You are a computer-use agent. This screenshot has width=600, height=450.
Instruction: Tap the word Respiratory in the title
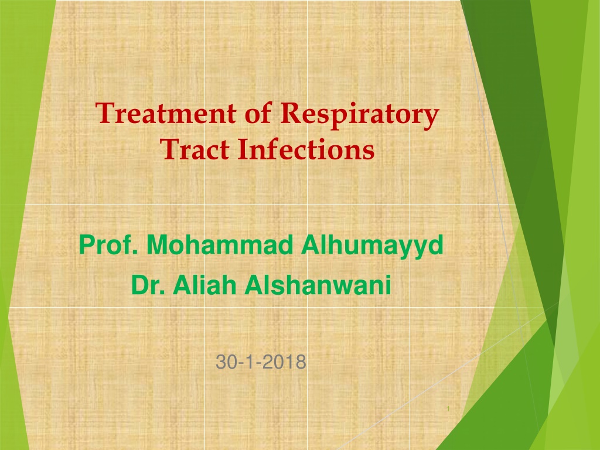(x=360, y=115)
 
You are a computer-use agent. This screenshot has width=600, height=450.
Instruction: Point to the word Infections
(x=306, y=149)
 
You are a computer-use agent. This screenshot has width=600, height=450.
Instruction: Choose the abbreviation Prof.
(x=108, y=245)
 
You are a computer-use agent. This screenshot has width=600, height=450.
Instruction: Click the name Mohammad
(x=220, y=245)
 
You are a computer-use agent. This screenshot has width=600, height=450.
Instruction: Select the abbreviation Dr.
(x=148, y=285)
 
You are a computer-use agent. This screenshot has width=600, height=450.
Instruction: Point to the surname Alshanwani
(x=318, y=285)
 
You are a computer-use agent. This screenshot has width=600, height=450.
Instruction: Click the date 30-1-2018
(x=261, y=362)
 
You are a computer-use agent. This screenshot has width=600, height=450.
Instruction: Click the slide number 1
(x=448, y=409)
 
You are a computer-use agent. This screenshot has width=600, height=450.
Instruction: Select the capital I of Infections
(x=243, y=149)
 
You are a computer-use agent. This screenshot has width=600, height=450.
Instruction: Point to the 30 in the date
(x=224, y=362)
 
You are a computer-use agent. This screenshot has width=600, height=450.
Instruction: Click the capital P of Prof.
(x=86, y=245)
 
